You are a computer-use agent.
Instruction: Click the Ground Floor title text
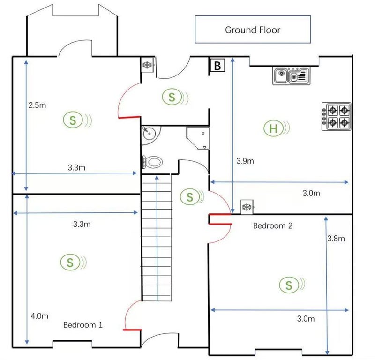(x=253, y=30)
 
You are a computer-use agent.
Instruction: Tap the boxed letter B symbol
(x=217, y=65)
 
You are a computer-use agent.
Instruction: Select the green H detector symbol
(x=276, y=128)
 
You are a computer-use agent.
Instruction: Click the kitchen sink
(x=291, y=76)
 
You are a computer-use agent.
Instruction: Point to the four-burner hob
(x=337, y=117)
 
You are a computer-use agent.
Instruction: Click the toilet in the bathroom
(x=152, y=162)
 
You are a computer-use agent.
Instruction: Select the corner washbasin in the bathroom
(x=149, y=135)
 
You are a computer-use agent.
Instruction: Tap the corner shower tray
(x=198, y=138)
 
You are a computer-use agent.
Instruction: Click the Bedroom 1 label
(x=83, y=324)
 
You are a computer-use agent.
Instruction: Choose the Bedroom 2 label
(x=273, y=225)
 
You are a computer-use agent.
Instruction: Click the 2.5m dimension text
(x=37, y=105)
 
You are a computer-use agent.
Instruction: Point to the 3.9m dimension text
(x=245, y=161)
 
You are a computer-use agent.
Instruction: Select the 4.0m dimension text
(x=39, y=316)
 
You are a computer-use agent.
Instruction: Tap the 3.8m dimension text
(x=336, y=238)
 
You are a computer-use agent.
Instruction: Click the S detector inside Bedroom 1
(x=73, y=262)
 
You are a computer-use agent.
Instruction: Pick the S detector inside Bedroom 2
(x=292, y=285)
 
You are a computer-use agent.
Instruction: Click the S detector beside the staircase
(x=192, y=197)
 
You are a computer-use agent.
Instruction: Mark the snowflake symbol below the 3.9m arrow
(x=247, y=207)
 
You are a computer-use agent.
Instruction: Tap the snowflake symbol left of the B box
(x=147, y=65)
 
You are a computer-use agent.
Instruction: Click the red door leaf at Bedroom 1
(x=133, y=330)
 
